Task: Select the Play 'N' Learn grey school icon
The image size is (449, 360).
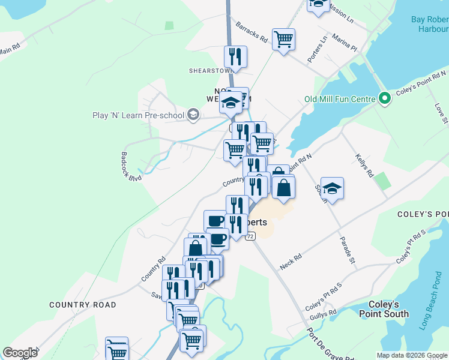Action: coord(193,115)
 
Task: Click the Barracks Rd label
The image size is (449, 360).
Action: coord(252,32)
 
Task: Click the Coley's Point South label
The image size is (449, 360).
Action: coord(384,309)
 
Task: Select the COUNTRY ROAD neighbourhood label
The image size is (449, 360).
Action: coord(83,305)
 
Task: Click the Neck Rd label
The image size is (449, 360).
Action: coord(291,261)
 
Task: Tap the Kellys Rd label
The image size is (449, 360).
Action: coord(364,166)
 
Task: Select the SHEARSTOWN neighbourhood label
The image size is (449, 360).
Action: coord(210,70)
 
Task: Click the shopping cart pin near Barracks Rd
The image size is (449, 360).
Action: coord(283,40)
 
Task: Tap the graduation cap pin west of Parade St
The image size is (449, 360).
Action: coord(332,188)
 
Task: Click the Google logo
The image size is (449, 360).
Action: coord(20,353)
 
